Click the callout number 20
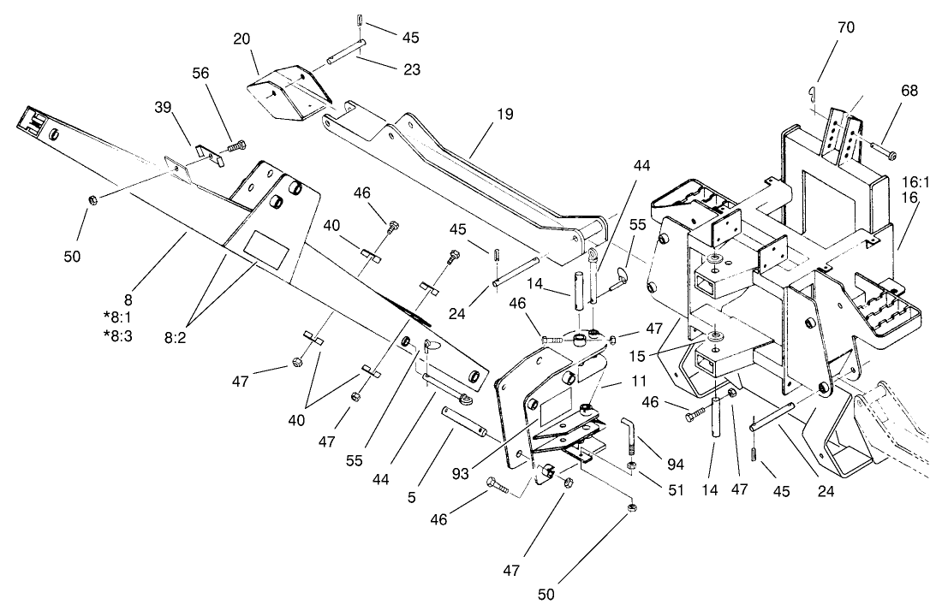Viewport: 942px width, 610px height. [241, 39]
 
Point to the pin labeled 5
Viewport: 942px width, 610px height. [466, 420]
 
